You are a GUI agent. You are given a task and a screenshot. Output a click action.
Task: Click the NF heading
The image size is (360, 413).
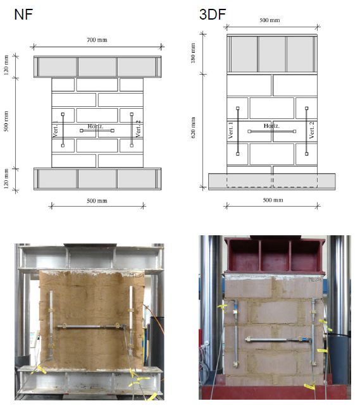pyautogui.click(x=23, y=15)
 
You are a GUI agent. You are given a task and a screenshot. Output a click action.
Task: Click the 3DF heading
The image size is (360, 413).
pyautogui.click(x=213, y=14)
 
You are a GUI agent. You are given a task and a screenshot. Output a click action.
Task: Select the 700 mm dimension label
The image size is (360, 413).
pyautogui.click(x=97, y=40)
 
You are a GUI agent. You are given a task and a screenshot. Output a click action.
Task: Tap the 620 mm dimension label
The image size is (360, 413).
pyautogui.click(x=193, y=128)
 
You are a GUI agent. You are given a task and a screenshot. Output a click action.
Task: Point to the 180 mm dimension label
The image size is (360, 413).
pyautogui.click(x=193, y=53)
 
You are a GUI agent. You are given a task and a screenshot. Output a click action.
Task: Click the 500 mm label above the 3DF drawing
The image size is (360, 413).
pyautogui.click(x=270, y=20)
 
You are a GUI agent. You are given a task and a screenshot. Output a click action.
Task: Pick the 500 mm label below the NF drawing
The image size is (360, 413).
pyautogui.click(x=97, y=200)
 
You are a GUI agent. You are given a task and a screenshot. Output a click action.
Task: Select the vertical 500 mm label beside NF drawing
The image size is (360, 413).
pyautogui.click(x=6, y=121)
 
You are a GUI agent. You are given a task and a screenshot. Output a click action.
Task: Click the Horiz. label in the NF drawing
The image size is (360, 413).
pyautogui.click(x=96, y=126)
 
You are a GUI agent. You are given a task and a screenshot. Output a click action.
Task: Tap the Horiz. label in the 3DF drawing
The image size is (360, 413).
pyautogui.click(x=271, y=126)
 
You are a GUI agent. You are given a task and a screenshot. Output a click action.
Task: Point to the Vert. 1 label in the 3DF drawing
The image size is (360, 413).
pyautogui.click(x=230, y=130)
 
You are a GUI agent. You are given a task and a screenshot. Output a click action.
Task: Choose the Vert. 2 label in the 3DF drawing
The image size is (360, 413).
pyautogui.click(x=312, y=130)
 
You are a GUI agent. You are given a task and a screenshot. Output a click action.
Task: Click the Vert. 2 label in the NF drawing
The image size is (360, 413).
pyautogui.click(x=138, y=129)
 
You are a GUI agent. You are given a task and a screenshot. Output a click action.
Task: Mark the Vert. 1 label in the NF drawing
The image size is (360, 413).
pyautogui.click(x=55, y=129)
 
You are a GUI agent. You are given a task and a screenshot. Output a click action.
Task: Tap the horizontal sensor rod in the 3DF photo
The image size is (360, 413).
pyautogui.click(x=278, y=340)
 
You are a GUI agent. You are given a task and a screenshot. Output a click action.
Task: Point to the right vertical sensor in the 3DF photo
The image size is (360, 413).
pyautogui.click(x=313, y=332)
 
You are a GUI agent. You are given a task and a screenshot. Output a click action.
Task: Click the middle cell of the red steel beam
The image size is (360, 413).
pyautogui.click(x=275, y=256)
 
